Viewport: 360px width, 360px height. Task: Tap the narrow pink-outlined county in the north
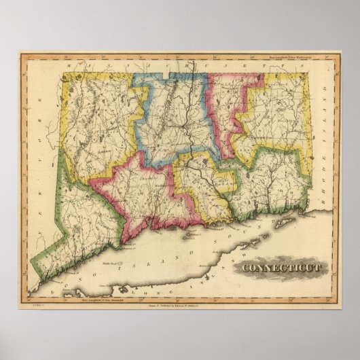[224, 109]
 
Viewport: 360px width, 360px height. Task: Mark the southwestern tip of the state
[42, 281]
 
